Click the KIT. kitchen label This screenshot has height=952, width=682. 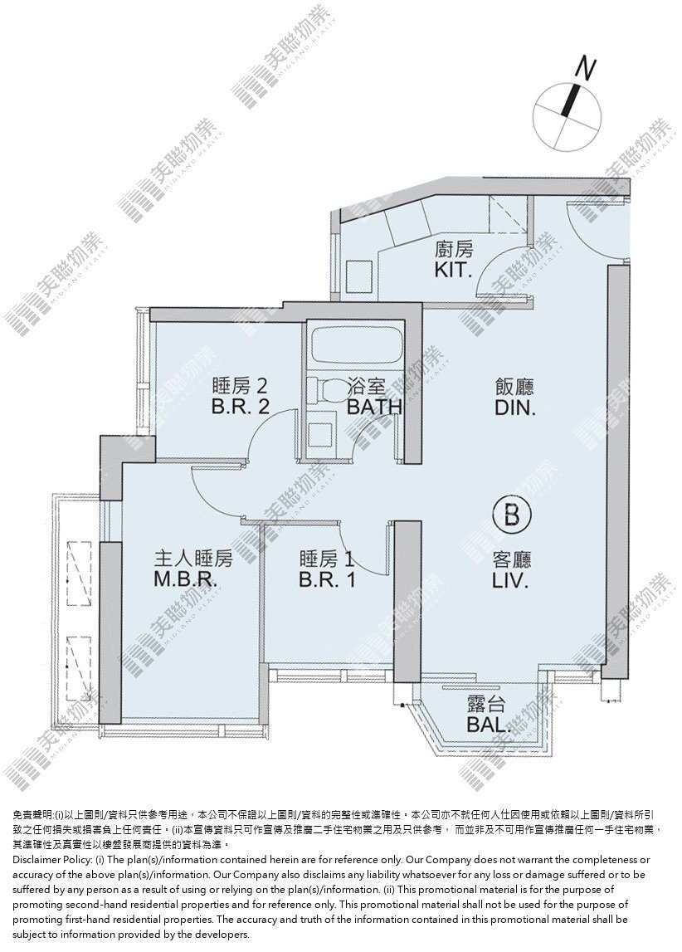click(453, 271)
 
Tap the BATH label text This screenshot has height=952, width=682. click(374, 407)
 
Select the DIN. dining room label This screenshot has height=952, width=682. click(515, 408)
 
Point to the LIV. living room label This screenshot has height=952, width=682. click(510, 581)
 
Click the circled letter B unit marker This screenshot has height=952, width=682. click(511, 517)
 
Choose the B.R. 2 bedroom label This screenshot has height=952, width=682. click(241, 406)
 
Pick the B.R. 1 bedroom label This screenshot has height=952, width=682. click(326, 580)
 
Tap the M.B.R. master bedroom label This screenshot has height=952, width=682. click(185, 580)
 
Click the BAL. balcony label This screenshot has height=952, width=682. click(487, 725)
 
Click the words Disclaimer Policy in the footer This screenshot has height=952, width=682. click(52, 860)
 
